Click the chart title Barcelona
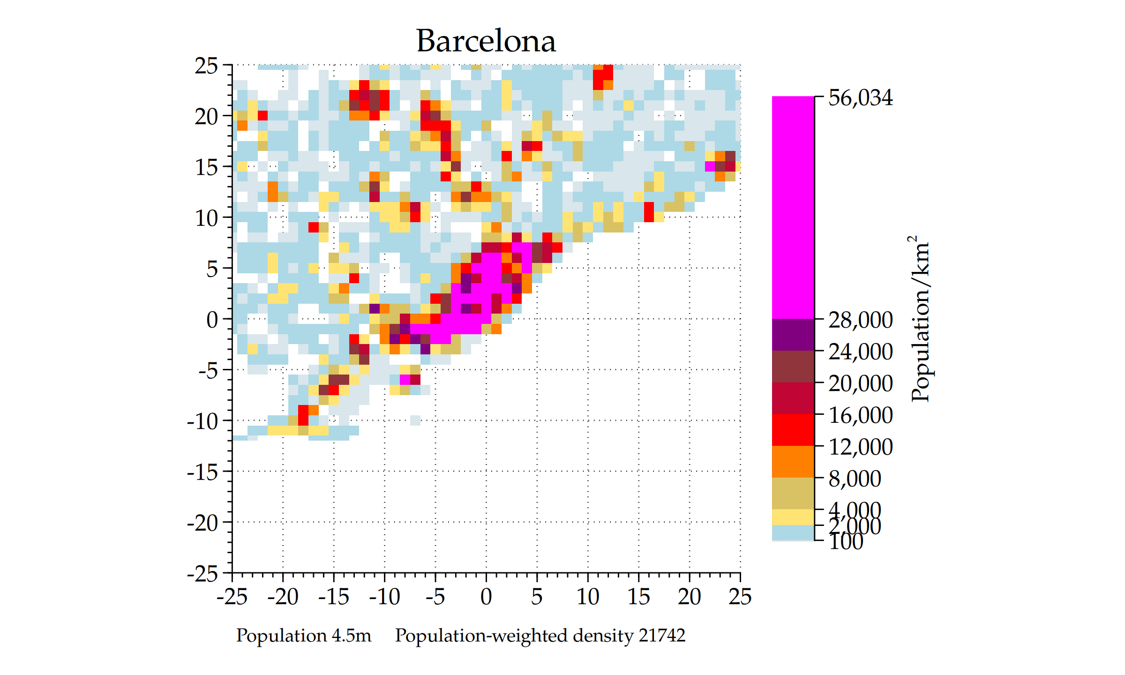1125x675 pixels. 486,41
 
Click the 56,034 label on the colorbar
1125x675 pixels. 860,98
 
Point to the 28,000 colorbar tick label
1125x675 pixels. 860,320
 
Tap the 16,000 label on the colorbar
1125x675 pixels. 860,415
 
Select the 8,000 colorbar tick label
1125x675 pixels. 855,479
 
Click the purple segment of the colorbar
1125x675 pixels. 793,335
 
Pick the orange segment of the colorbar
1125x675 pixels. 793,462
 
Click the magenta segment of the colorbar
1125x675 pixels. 793,206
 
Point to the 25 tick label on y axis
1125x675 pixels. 206,66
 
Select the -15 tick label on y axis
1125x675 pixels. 202,472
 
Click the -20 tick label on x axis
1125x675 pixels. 283,597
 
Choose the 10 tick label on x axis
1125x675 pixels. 588,597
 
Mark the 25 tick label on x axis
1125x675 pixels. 740,597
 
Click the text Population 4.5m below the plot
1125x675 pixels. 303,636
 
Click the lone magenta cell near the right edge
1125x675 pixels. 710,166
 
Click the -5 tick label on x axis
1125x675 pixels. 435,597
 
